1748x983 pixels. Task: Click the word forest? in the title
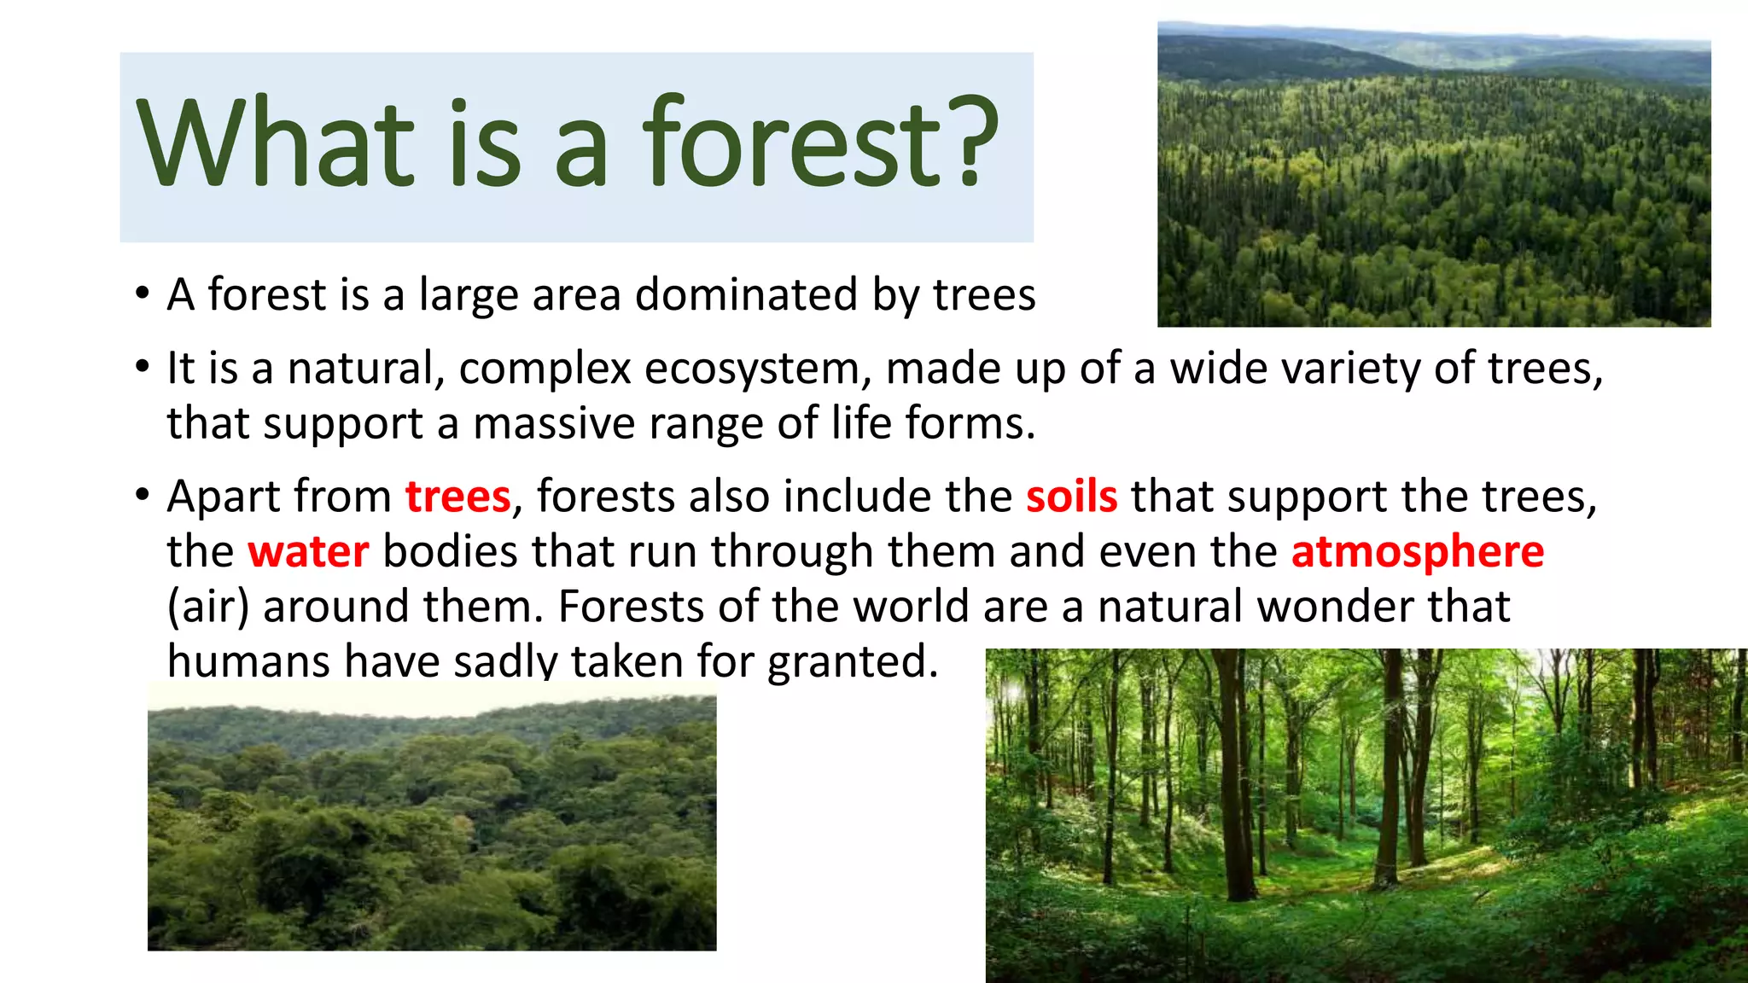pyautogui.click(x=819, y=143)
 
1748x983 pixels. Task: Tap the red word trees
pyautogui.click(x=457, y=497)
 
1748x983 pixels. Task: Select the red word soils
pyautogui.click(x=1071, y=497)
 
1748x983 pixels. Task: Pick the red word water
pyautogui.click(x=308, y=551)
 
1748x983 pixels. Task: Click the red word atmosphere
pyautogui.click(x=1417, y=551)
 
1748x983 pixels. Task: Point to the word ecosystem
pyautogui.click(x=752, y=369)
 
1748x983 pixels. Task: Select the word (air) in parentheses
pyautogui.click(x=208, y=607)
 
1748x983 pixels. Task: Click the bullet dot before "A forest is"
pyautogui.click(x=143, y=295)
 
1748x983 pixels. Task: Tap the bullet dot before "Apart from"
pyautogui.click(x=143, y=496)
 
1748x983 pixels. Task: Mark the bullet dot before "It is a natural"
pyautogui.click(x=143, y=369)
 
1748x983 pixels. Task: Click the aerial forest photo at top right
pyautogui.click(x=1434, y=175)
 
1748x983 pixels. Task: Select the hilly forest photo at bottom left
pyautogui.click(x=432, y=819)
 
